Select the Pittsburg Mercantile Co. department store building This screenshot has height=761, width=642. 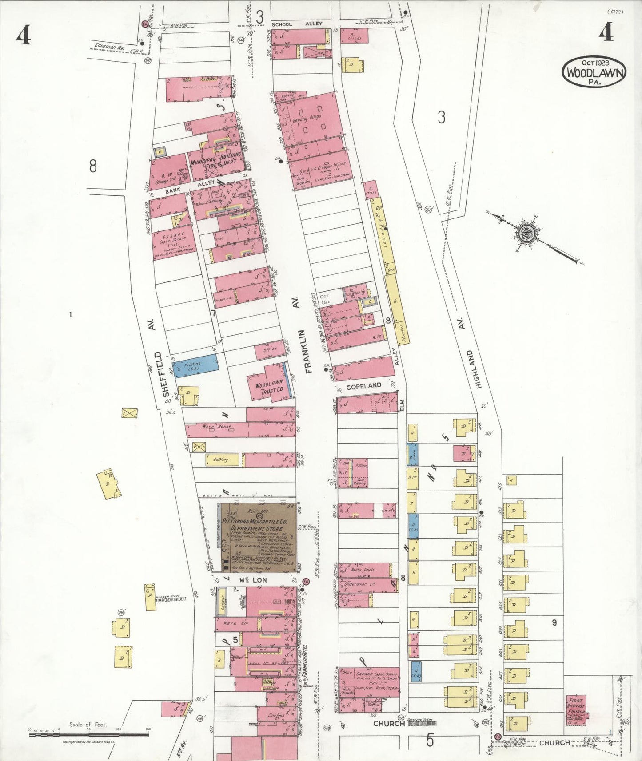258,537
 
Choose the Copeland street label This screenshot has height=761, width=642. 363,386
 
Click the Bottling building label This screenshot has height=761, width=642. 220,459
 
